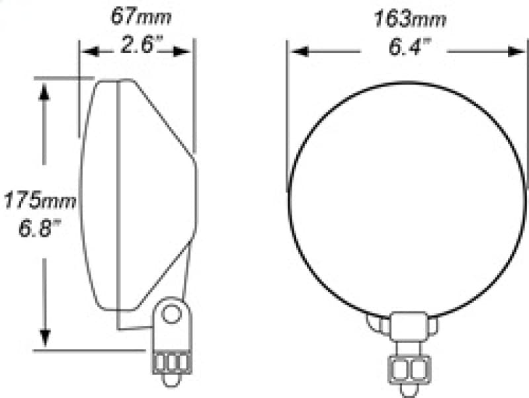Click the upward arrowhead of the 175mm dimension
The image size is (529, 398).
44,93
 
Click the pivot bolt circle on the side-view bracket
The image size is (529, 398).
172,313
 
